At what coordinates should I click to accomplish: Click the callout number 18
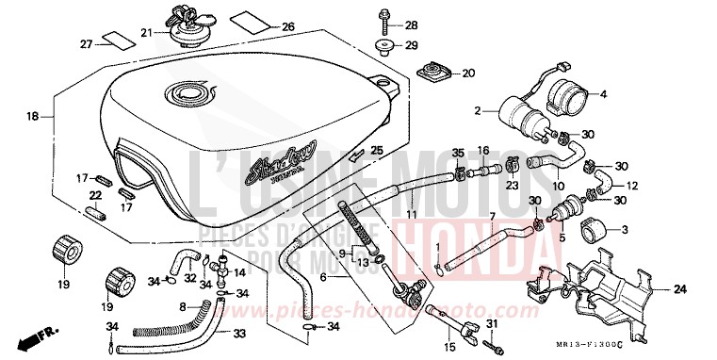[x=31, y=116]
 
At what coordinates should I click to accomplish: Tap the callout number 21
[x=146, y=33]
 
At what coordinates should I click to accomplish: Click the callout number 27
[x=86, y=44]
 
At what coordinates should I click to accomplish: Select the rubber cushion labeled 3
[x=595, y=229]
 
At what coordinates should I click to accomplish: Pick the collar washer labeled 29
[x=386, y=45]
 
